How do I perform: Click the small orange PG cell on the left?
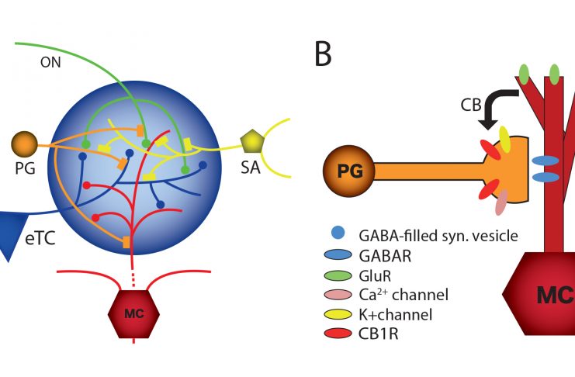pyautogui.click(x=24, y=144)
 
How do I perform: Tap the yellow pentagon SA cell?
pyautogui.click(x=251, y=142)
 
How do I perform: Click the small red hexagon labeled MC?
pyautogui.click(x=133, y=312)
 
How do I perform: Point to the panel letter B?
pyautogui.click(x=324, y=54)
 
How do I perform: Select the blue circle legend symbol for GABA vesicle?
pyautogui.click(x=336, y=233)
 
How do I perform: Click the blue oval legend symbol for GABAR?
pyautogui.click(x=336, y=254)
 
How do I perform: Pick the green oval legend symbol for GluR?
pyautogui.click(x=336, y=274)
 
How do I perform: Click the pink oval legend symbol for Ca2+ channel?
pyautogui.click(x=336, y=295)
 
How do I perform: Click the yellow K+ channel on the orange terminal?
pyautogui.click(x=505, y=139)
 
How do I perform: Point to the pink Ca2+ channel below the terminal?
pyautogui.click(x=501, y=203)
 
